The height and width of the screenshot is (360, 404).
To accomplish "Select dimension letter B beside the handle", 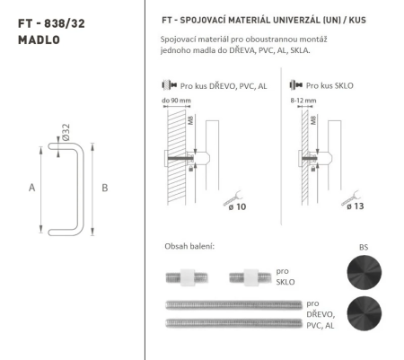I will pyautogui.click(x=105, y=188).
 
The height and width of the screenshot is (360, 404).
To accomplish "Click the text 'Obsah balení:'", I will pyautogui.click(x=189, y=245).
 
